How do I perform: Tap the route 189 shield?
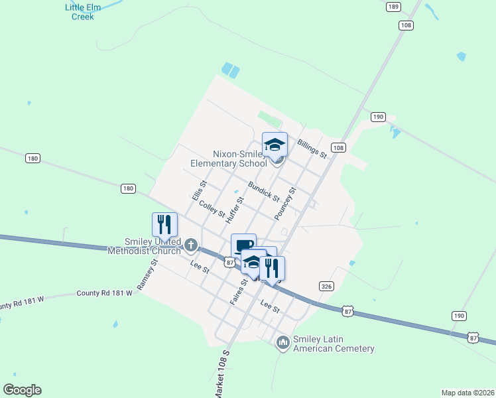pyautogui.click(x=393, y=7)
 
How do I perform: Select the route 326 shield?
pyautogui.click(x=326, y=287)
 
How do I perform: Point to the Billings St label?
pyautogui.click(x=312, y=149)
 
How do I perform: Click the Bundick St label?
pyautogui.click(x=263, y=191)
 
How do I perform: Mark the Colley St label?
pyautogui.click(x=213, y=210)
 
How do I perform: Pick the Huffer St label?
pyautogui.click(x=235, y=208)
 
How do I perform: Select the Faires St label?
pyautogui.click(x=239, y=291)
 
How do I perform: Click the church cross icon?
pyautogui.click(x=191, y=246)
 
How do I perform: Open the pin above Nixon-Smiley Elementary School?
pyautogui.click(x=275, y=144)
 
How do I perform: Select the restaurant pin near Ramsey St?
pyautogui.click(x=164, y=224)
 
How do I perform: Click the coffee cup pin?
pyautogui.click(x=243, y=245)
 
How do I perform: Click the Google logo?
pyautogui.click(x=22, y=390)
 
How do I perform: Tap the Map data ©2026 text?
pyautogui.click(x=467, y=392)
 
